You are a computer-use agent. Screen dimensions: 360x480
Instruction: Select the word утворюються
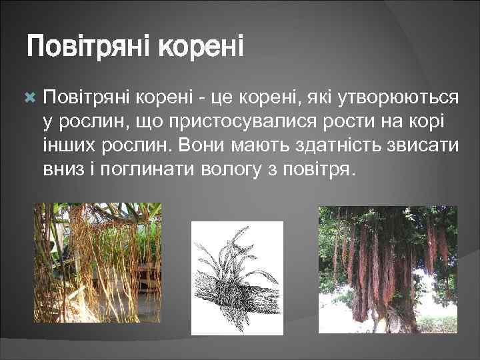399,99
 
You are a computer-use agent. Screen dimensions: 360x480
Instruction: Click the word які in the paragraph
321,99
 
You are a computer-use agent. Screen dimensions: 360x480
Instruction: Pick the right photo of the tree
388,269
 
